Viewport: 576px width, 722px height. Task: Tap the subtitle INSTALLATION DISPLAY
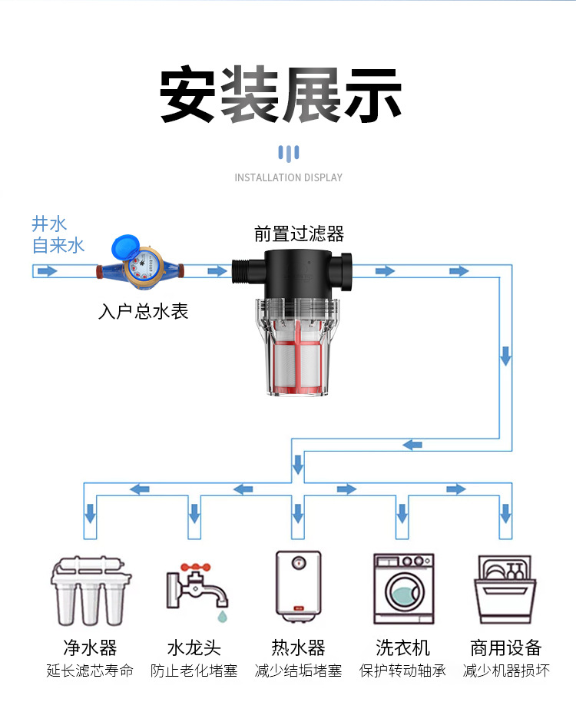288,177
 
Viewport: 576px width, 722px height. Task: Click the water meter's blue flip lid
122,247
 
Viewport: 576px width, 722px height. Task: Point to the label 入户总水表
144,312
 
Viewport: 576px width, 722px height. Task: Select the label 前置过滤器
299,233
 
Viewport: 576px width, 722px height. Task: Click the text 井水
49,224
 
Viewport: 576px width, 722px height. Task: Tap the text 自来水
58,246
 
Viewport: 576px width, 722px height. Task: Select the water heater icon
298,584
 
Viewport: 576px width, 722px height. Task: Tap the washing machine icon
403,588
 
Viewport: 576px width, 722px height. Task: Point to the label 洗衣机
402,647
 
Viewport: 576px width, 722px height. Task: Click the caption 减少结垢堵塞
298,671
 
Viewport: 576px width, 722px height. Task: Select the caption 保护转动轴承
402,671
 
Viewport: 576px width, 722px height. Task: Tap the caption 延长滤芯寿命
90,671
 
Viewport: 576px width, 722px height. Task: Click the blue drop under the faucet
221,616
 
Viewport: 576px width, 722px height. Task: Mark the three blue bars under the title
288,152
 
